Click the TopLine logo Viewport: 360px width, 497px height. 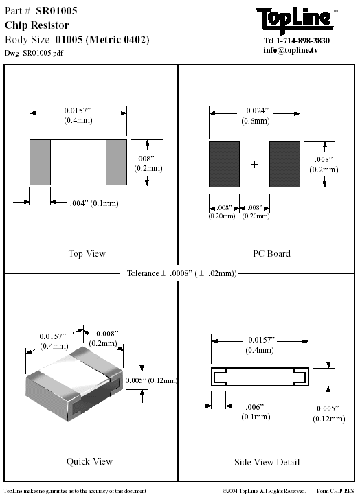coord(295,20)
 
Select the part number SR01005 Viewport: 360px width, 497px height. coord(56,11)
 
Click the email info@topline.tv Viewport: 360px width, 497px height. coord(291,50)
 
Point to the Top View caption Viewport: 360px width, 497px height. coord(87,253)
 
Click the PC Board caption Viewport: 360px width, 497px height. coord(271,253)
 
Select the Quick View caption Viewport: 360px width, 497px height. coord(89,461)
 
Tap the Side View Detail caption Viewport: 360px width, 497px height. coord(267,462)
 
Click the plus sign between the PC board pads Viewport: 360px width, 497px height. coord(254,164)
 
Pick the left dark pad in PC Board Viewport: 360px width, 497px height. coord(224,164)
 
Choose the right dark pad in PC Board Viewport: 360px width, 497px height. coord(284,164)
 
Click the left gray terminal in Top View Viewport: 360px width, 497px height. coord(40,162)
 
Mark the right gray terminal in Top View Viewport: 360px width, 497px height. coord(116,162)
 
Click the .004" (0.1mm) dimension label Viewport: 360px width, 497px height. coord(94,203)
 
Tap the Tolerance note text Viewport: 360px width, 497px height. coord(182,273)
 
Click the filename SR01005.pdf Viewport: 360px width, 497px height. coord(43,53)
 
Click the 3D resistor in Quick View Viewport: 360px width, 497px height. coord(74,384)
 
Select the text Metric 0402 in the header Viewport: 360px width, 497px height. coord(117,40)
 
